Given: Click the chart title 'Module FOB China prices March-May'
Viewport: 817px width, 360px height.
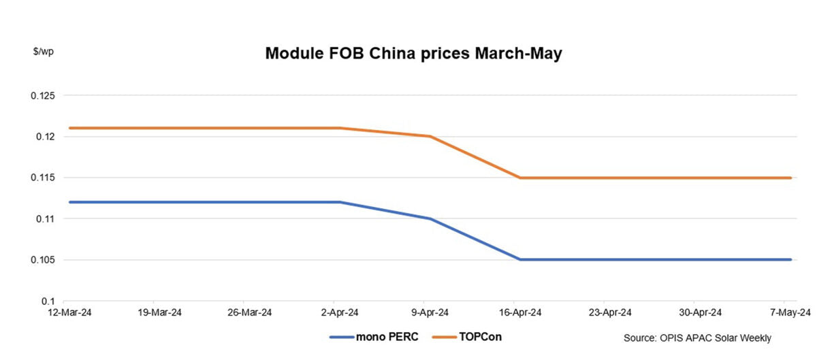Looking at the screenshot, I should [x=413, y=54].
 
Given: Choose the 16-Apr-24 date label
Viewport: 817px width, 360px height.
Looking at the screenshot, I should [x=519, y=313].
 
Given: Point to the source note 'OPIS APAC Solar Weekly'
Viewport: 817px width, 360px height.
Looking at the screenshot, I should [x=696, y=338].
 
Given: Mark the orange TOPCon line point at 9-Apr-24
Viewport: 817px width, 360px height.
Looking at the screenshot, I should [x=430, y=136].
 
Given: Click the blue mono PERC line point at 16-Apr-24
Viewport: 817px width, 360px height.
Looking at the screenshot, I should [x=520, y=259].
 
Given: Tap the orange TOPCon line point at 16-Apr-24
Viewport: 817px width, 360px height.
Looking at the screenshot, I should [x=520, y=178].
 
